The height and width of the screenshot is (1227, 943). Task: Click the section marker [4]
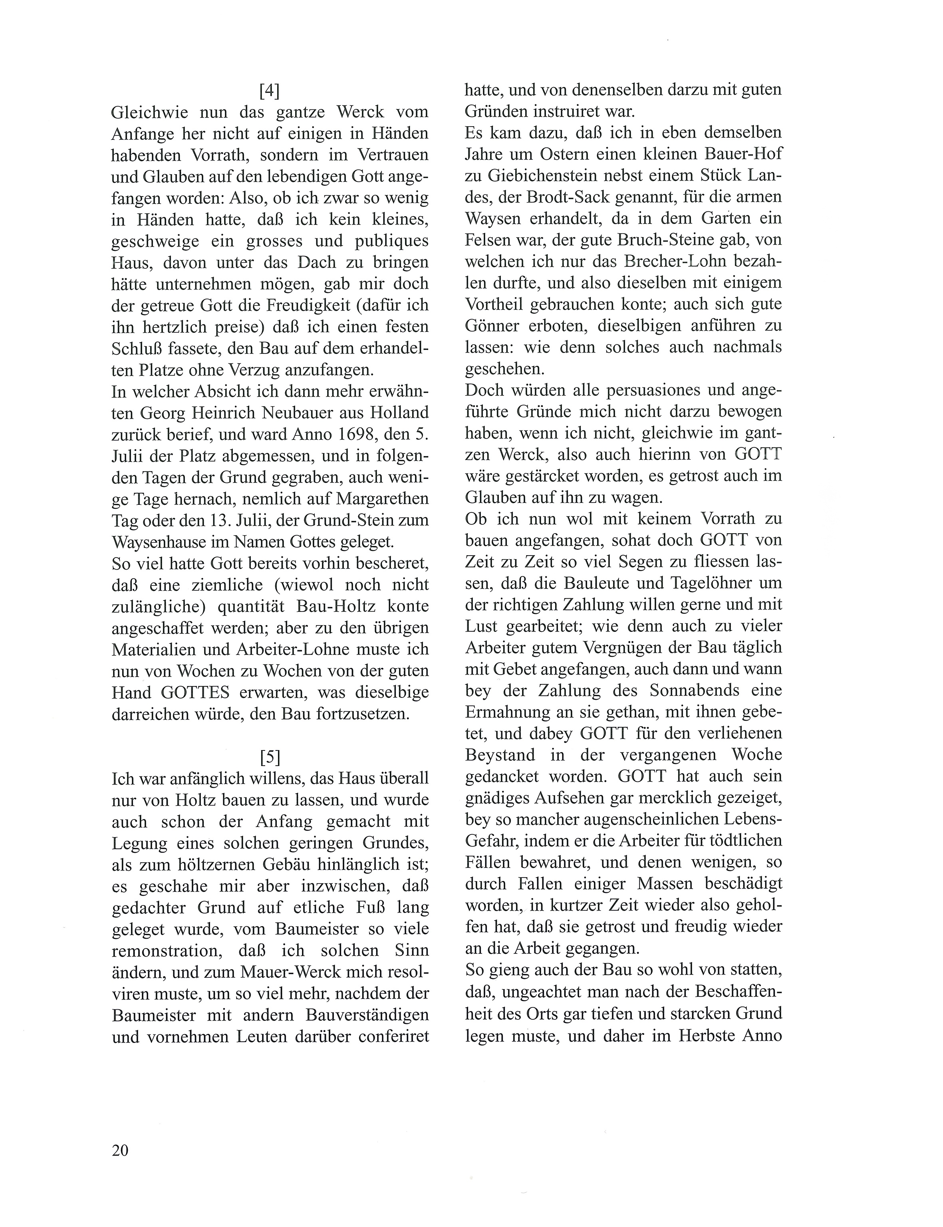point(270,90)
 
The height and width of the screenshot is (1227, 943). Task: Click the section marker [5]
point(270,757)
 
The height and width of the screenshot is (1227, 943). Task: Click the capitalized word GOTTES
point(195,692)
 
